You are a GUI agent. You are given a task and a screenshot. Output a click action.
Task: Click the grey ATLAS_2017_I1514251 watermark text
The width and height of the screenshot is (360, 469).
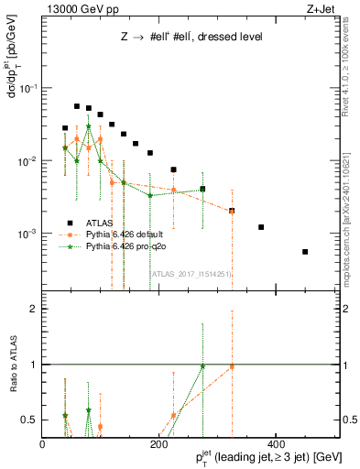(x=191, y=273)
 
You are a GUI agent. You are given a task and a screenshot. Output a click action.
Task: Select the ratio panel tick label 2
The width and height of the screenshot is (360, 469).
(x=34, y=309)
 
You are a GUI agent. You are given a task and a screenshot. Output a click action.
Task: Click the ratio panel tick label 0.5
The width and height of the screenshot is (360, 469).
(x=29, y=420)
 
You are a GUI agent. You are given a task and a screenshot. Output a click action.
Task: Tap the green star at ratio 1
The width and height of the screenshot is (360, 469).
(x=202, y=366)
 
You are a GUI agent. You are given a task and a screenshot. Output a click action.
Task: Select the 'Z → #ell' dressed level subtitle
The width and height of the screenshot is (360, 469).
(x=191, y=37)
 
